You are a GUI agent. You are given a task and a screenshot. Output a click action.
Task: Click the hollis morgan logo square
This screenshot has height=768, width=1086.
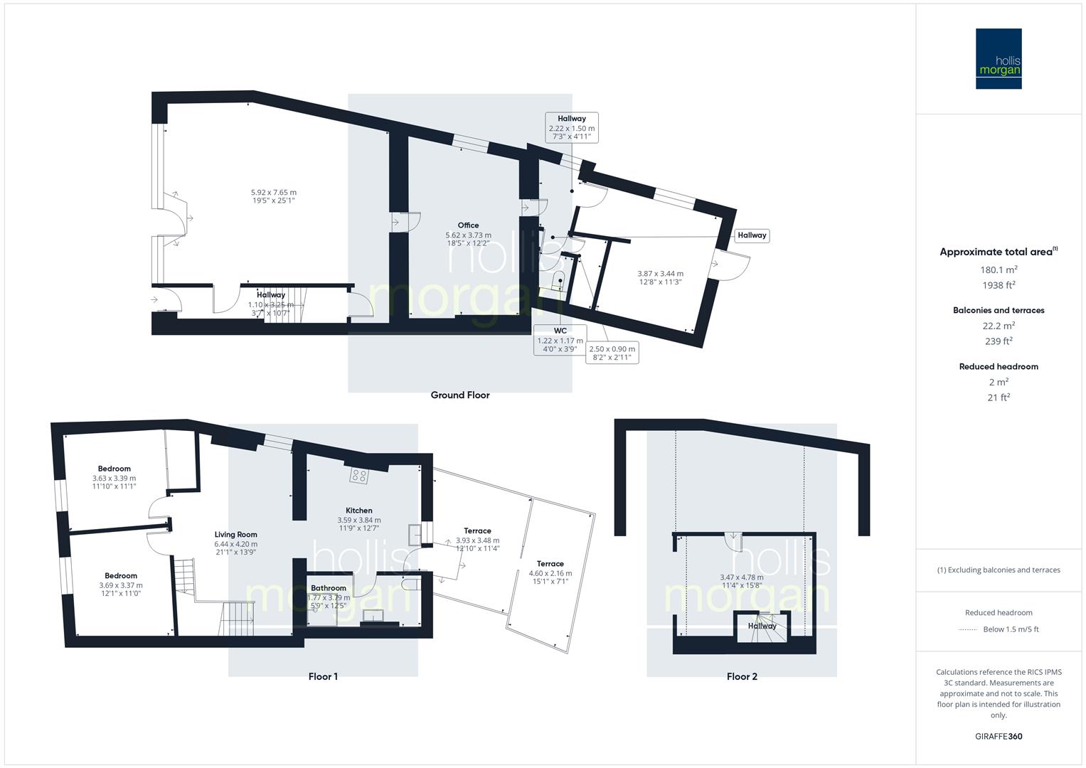pyautogui.click(x=998, y=58)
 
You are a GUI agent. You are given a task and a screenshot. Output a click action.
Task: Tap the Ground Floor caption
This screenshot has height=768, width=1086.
pyautogui.click(x=460, y=395)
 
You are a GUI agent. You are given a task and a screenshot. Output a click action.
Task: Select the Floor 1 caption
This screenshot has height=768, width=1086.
pyautogui.click(x=323, y=676)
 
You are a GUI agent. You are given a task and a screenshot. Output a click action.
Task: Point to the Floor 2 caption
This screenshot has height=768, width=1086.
pyautogui.click(x=741, y=676)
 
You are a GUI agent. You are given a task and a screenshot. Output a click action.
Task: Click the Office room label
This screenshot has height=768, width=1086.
pyautogui.click(x=468, y=225)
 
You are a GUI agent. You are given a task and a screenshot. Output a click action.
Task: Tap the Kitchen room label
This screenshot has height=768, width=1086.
pyautogui.click(x=359, y=511)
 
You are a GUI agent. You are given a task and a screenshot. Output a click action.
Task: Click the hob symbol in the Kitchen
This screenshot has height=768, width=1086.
pyautogui.click(x=358, y=476)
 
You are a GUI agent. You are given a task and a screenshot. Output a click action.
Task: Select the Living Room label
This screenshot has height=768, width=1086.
pyautogui.click(x=236, y=535)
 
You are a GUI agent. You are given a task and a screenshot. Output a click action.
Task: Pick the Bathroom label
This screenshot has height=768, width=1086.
pyautogui.click(x=329, y=588)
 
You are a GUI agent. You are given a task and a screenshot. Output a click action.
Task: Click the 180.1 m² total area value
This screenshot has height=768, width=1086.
pyautogui.click(x=998, y=270)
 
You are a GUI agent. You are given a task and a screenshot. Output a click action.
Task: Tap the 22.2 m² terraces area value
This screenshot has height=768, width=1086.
pyautogui.click(x=998, y=326)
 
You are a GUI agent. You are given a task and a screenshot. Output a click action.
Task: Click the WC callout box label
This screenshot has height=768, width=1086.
pyautogui.click(x=560, y=331)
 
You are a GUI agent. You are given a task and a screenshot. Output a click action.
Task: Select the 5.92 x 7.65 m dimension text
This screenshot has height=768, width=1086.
pyautogui.click(x=274, y=192)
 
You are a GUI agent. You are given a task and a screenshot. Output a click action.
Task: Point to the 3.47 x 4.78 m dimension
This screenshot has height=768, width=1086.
pyautogui.click(x=741, y=577)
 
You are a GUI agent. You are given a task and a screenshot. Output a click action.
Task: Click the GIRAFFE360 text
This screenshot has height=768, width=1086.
pyautogui.click(x=999, y=736)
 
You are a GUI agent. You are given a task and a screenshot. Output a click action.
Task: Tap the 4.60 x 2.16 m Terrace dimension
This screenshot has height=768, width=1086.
pyautogui.click(x=550, y=573)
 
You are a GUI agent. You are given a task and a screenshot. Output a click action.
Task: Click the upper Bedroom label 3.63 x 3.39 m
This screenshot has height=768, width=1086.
pyautogui.click(x=115, y=469)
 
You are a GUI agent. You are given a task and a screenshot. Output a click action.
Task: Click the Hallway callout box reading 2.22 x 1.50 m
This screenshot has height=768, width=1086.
pyautogui.click(x=572, y=128)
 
